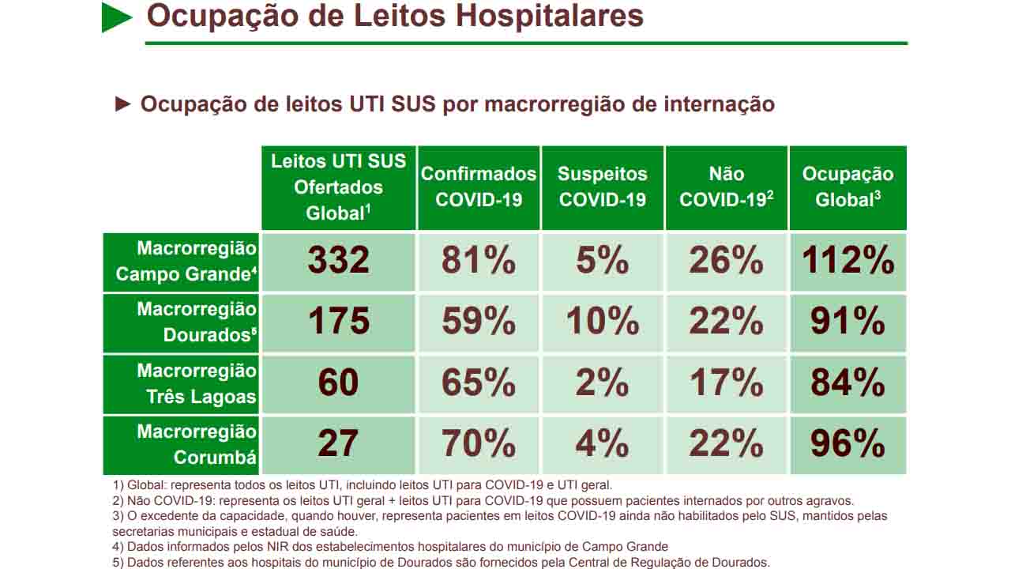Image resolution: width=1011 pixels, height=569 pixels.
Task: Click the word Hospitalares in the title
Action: (553, 16)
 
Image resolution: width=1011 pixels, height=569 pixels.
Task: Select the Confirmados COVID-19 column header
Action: (479, 187)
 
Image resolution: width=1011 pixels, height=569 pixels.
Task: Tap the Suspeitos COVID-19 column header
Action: (603, 187)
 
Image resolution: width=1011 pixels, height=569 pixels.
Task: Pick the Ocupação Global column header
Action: (848, 187)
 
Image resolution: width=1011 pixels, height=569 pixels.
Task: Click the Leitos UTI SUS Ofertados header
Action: (338, 187)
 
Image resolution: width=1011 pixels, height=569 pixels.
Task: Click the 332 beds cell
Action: (338, 262)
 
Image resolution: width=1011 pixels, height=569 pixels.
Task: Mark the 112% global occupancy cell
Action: (848, 262)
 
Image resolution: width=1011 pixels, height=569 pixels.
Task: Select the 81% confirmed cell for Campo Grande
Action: (479, 262)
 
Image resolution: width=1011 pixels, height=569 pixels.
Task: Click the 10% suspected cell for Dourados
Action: (603, 322)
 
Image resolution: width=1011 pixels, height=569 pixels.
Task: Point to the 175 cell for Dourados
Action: (338, 322)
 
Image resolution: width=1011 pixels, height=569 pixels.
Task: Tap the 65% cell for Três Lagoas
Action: (479, 383)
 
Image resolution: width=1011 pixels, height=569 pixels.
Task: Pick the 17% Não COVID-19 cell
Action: (726, 383)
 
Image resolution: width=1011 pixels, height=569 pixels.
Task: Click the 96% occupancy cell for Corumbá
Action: (848, 444)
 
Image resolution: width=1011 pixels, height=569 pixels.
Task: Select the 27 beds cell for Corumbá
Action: (338, 444)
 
